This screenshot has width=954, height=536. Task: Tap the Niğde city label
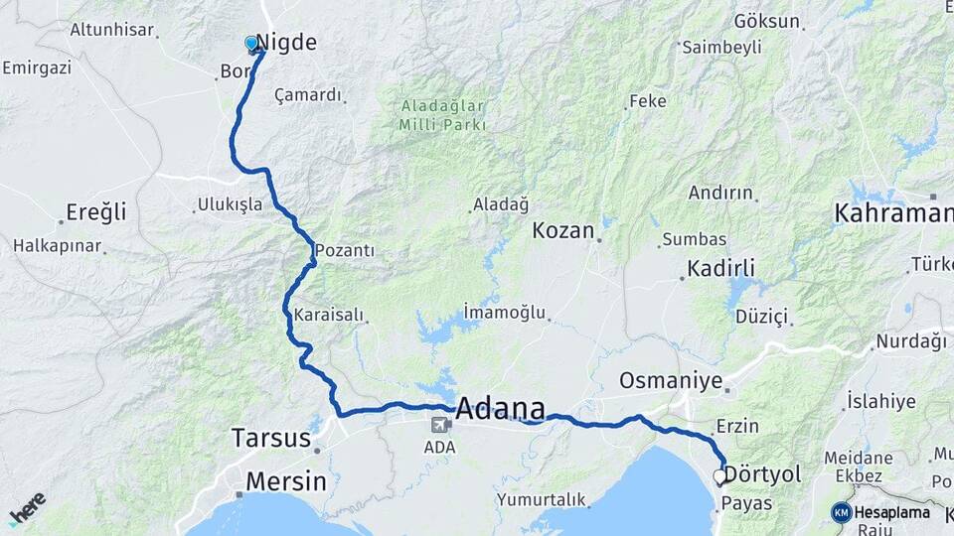tap(286, 43)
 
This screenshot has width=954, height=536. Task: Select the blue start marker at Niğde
tap(251, 44)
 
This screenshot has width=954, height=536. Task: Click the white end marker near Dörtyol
tap(719, 476)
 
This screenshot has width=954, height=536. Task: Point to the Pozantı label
tap(344, 251)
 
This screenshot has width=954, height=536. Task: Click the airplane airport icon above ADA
tap(438, 425)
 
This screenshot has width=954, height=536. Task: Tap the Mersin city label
tap(286, 481)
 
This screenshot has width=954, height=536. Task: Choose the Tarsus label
tap(269, 437)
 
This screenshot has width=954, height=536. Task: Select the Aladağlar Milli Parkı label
tap(442, 115)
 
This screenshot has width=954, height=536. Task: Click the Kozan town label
tap(562, 231)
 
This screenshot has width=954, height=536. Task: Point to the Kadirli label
tap(721, 269)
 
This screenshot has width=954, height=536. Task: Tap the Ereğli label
tap(96, 211)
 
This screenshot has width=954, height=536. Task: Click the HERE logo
tap(27, 509)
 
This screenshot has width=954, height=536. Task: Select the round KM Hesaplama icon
tap(842, 512)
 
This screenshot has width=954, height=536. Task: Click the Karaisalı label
tap(329, 316)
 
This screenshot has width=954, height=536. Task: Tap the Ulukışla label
tap(230, 204)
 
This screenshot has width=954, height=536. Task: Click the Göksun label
tap(766, 21)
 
